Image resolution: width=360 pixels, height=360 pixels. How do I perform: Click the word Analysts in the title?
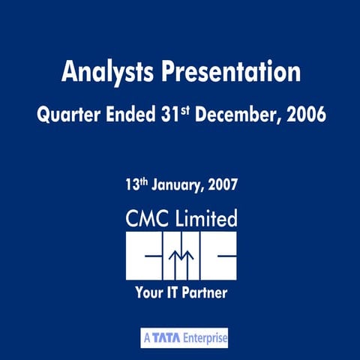point(107,72)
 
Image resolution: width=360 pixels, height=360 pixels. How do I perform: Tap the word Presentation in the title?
point(231,71)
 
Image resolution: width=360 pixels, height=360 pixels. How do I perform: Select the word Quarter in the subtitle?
point(69,115)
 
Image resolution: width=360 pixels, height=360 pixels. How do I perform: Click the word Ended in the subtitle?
point(130,114)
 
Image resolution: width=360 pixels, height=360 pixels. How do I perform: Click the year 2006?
point(306,114)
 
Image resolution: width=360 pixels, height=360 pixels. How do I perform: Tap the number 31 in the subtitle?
point(170,114)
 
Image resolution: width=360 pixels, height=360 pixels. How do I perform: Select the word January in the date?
point(178,185)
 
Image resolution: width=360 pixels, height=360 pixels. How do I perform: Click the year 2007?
point(223,184)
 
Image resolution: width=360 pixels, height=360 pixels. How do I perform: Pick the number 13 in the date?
point(132,184)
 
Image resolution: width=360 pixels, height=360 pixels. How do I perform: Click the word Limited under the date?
point(206,218)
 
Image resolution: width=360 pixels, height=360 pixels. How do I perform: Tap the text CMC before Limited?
point(147,218)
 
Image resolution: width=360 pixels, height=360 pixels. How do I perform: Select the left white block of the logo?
point(144,256)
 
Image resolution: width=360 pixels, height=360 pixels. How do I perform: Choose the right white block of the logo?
point(218,256)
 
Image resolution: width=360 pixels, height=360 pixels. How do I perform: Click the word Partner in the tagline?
point(205,292)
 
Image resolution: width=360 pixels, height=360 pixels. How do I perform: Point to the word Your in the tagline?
point(149,292)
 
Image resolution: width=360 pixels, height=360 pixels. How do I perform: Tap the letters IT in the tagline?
point(172,292)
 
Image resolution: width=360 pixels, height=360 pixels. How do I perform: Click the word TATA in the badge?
point(166,338)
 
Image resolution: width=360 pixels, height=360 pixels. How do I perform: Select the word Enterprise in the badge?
point(205,338)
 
